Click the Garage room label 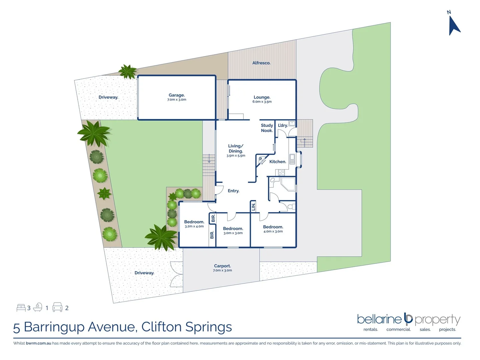click(176, 95)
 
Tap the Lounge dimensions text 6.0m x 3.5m click(262, 102)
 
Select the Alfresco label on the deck click(261, 63)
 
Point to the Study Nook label click(267, 128)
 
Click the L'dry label click(283, 125)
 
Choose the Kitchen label click(278, 162)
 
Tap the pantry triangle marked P click(261, 160)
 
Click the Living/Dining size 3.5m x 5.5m click(236, 156)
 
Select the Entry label click(233, 191)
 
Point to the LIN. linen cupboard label click(253, 206)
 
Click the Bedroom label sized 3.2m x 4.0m click(194, 222)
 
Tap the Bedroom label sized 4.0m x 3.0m click(273, 227)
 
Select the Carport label click(222, 266)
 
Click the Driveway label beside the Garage click(108, 97)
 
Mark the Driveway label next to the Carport click(144, 273)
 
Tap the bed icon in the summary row click(21, 307)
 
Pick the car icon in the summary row click(57, 307)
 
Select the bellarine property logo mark click(408, 319)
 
